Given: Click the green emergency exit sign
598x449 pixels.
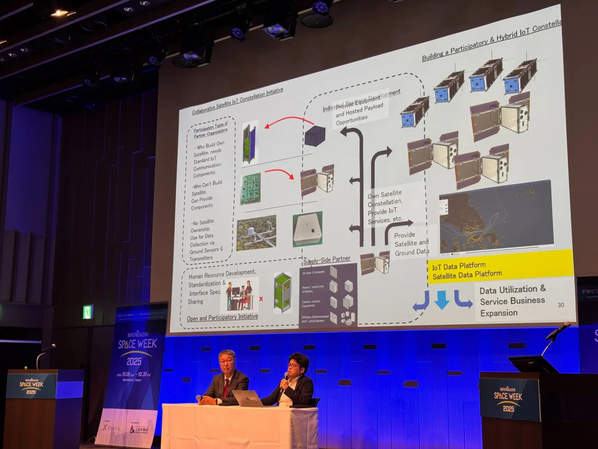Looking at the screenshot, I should pyautogui.click(x=88, y=312).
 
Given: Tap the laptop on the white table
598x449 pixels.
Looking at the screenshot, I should pyautogui.click(x=247, y=398).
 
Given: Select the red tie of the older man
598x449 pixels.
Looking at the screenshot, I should pyautogui.click(x=226, y=388).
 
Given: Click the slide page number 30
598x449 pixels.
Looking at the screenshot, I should pyautogui.click(x=560, y=305).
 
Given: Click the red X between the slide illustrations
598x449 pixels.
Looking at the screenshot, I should pyautogui.click(x=261, y=299).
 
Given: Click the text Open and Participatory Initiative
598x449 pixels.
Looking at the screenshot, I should pyautogui.click(x=222, y=317).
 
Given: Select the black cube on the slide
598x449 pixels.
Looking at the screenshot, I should pyautogui.click(x=315, y=135).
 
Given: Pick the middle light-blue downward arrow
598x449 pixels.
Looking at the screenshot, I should pyautogui.click(x=442, y=300).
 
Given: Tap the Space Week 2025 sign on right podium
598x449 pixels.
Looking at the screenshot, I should pyautogui.click(x=508, y=399).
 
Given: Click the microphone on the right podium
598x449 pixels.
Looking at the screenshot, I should pyautogui.click(x=558, y=330).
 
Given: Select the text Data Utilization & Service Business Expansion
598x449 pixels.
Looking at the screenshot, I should pyautogui.click(x=512, y=301).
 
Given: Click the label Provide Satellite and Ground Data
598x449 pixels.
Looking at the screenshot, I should pyautogui.click(x=411, y=243).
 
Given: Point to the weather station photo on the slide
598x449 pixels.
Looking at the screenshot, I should pyautogui.click(x=256, y=233).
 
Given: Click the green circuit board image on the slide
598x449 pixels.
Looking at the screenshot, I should pyautogui.click(x=251, y=188).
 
